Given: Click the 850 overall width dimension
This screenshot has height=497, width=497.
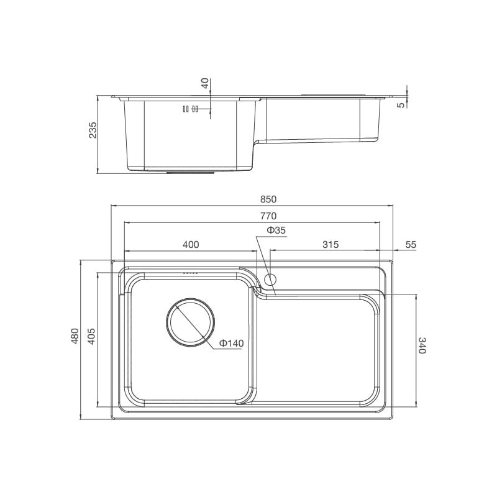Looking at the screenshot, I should click(267, 199).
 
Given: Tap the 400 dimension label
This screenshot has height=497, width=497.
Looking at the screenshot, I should click(191, 245).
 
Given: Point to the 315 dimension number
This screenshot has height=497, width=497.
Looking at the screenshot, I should click(331, 245).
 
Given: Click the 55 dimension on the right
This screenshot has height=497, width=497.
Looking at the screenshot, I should click(410, 245).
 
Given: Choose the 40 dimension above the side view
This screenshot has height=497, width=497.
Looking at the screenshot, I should click(206, 84).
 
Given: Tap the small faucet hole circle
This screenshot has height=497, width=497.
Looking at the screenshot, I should click(270, 278).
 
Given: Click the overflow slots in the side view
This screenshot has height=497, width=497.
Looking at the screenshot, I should click(189, 109).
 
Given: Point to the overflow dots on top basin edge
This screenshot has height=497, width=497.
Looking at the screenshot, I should click(191, 273).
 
